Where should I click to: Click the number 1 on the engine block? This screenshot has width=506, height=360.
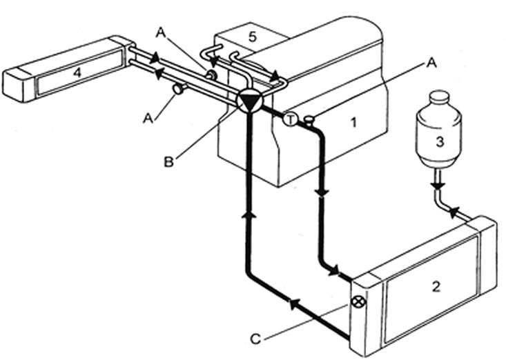(x=354, y=123)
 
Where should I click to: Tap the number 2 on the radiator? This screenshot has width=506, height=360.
(x=436, y=286)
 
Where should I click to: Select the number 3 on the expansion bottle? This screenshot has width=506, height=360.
(x=440, y=142)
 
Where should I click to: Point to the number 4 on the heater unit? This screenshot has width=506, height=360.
(x=77, y=72)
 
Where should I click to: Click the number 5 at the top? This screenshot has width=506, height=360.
(x=253, y=37)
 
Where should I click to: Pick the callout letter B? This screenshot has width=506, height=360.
(x=168, y=162)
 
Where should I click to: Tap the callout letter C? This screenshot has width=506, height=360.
(x=255, y=339)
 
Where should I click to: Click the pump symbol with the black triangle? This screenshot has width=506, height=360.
(x=249, y=101)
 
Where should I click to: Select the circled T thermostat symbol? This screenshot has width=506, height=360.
(x=290, y=120)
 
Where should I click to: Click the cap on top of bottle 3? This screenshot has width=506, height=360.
(x=439, y=97)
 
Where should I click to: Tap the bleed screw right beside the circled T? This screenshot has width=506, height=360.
(x=309, y=121)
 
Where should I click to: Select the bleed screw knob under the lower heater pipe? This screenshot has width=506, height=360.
(x=179, y=89)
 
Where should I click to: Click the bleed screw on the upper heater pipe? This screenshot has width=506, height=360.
(x=211, y=75)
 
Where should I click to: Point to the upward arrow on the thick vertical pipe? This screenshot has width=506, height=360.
(x=248, y=214)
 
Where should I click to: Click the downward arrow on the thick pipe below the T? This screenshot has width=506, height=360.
(x=322, y=192)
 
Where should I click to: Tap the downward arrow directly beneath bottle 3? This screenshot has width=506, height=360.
(x=438, y=186)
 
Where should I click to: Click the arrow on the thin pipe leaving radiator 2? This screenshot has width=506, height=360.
(x=455, y=212)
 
